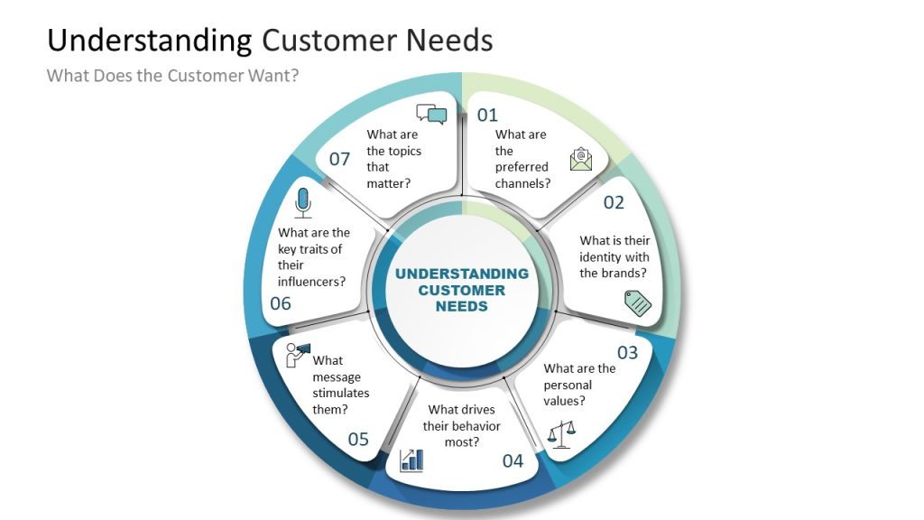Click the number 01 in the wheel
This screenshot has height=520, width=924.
487,115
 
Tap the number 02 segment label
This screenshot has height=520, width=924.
614,202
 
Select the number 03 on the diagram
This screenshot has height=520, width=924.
627,352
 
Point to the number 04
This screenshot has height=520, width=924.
513,461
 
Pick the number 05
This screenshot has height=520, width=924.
358,440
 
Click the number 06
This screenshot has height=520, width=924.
281,303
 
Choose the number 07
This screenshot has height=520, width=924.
339,159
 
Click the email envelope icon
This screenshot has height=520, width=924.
581,160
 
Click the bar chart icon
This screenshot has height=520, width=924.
411,460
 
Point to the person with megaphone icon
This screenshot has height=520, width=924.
297,354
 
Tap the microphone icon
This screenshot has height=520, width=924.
303,202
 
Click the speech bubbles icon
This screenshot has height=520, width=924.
431,114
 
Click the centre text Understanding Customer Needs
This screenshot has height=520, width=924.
462,290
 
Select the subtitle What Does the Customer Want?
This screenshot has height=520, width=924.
172,75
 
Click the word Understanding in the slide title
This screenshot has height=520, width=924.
149,41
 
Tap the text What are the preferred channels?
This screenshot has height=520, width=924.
522,159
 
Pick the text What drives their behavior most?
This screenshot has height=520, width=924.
462,425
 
